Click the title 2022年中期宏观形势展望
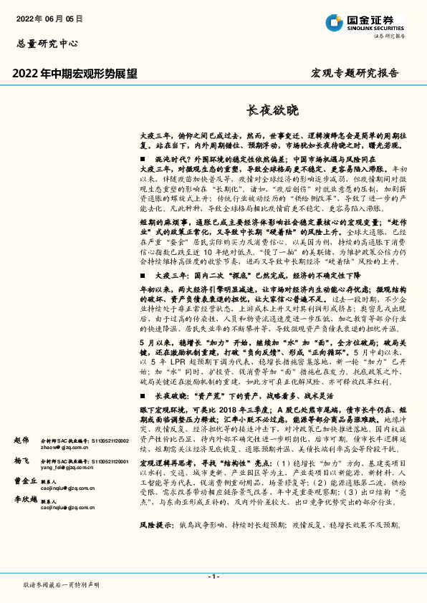pos(75,73)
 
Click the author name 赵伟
pos(21,439)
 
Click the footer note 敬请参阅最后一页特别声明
pos(62,585)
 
